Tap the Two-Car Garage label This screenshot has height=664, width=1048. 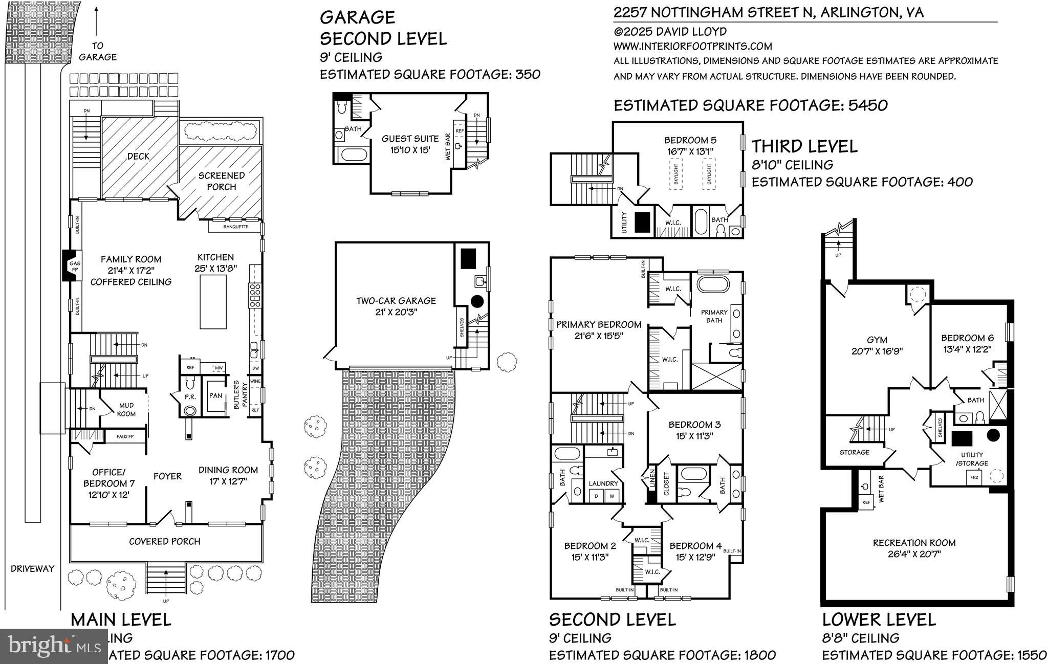tap(396, 301)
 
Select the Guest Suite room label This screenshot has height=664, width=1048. tap(410, 139)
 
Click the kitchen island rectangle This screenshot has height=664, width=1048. tap(213, 302)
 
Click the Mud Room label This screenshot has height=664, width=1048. tap(126, 409)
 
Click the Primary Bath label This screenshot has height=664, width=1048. tap(714, 316)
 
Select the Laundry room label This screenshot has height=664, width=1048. tap(603, 483)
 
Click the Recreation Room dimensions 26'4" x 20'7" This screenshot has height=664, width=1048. tap(914, 554)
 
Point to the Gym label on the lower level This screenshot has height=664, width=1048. tap(877, 340)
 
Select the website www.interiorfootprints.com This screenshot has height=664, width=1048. tap(692, 46)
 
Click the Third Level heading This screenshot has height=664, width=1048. tap(804, 146)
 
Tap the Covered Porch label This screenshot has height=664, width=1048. tap(164, 541)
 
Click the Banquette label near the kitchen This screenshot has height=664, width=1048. tap(236, 227)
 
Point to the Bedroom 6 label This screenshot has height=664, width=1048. tap(967, 338)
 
